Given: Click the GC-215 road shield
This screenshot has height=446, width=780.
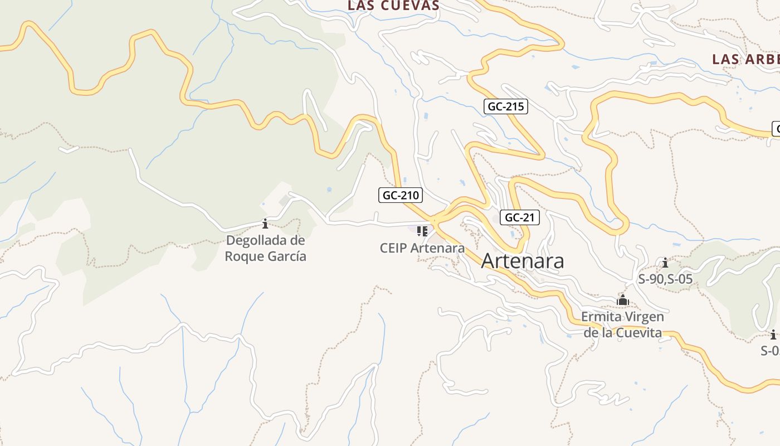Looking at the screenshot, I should (505, 106).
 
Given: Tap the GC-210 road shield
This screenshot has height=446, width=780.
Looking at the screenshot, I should (400, 195).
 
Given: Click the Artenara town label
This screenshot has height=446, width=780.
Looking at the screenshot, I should (522, 261).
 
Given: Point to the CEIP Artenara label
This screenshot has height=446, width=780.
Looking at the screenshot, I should (422, 248).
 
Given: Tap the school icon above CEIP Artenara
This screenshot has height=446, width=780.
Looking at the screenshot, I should (422, 231).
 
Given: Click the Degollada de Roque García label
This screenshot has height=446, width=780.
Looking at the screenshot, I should (265, 248).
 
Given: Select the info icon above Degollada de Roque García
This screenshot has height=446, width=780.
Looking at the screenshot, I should (265, 224).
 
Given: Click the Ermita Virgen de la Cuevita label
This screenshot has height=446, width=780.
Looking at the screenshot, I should (622, 325).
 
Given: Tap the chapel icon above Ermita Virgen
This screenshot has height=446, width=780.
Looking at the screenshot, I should (622, 301).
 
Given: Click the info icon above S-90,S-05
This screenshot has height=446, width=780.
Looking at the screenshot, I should (665, 263).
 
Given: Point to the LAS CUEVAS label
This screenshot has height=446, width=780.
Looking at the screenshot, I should (393, 6).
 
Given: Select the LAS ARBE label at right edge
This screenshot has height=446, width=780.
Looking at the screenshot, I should (745, 59).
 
